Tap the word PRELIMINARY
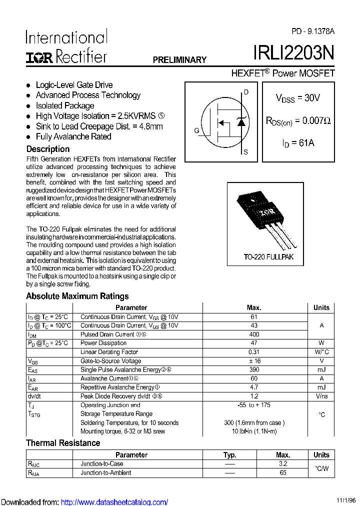(179, 60)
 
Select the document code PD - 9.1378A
(313, 31)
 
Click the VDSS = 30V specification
(298, 98)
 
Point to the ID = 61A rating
(298, 143)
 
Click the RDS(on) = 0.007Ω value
(298, 121)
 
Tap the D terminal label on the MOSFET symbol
(245, 92)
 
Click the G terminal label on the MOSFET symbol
(196, 131)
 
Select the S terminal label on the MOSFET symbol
(245, 152)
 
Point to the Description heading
(48, 149)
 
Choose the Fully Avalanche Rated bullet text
(73, 136)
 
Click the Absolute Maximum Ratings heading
(77, 296)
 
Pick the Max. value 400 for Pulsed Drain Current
(254, 334)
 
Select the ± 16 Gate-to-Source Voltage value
(254, 361)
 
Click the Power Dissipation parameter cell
(103, 343)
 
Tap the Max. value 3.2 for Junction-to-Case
(283, 464)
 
